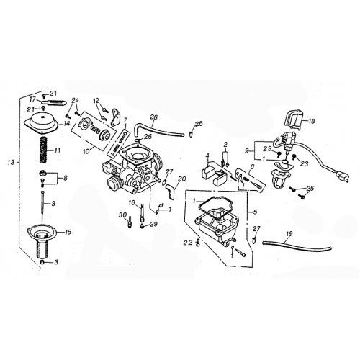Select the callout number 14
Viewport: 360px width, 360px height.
pyautogui.click(x=67, y=124)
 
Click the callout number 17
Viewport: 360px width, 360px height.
pyautogui.click(x=32, y=99)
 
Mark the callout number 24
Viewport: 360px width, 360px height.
pyautogui.click(x=75, y=100)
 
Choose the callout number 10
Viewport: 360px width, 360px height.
pyautogui.click(x=87, y=151)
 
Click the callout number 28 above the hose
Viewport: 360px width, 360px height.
pyautogui.click(x=153, y=117)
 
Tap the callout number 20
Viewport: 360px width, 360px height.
pyautogui.click(x=181, y=179)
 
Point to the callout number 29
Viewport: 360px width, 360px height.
pyautogui.click(x=153, y=225)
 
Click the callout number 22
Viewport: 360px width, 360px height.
pyautogui.click(x=187, y=243)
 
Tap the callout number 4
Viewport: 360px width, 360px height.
pyautogui.click(x=207, y=156)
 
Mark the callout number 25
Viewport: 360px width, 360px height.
pyautogui.click(x=310, y=189)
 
